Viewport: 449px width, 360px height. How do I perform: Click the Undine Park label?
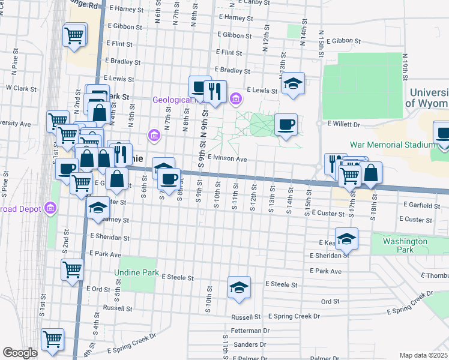click(137, 273)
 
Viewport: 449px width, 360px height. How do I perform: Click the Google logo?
click(20, 353)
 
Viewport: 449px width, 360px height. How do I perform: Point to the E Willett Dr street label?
click(343, 125)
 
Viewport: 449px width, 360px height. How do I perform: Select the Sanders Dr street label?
click(250, 344)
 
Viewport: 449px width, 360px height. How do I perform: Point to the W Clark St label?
click(22, 88)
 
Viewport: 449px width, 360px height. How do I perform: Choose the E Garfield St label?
click(422, 205)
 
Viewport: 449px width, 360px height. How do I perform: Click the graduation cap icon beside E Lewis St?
click(294, 83)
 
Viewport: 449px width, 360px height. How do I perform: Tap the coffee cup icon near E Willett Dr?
click(286, 124)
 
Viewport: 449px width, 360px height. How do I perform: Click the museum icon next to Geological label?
click(237, 98)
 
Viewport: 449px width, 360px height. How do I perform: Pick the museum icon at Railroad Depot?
click(50, 209)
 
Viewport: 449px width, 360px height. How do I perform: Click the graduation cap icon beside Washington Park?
click(346, 239)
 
